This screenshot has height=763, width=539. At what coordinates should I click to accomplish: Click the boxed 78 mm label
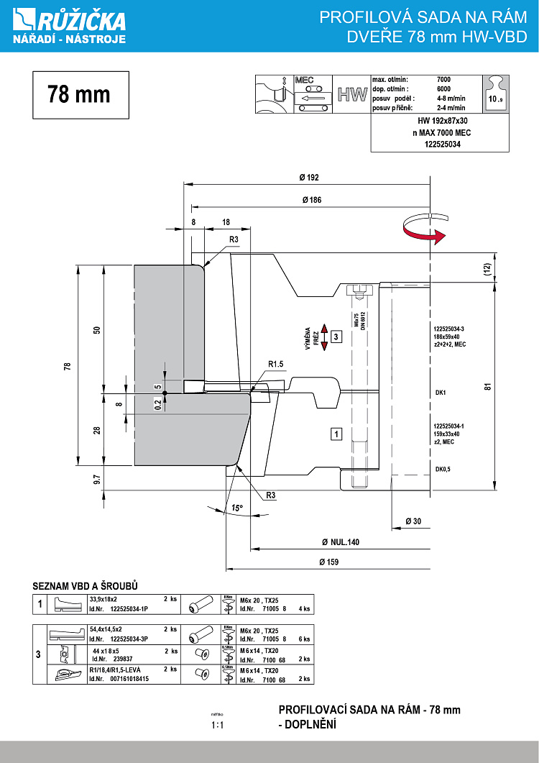point(80,94)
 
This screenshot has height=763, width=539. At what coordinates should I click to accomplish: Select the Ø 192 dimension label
point(310,177)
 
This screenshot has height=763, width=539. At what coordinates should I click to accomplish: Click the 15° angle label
point(236,508)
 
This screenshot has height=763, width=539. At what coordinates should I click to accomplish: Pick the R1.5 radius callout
point(277,365)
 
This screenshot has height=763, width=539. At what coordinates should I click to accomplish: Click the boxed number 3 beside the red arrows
point(336,336)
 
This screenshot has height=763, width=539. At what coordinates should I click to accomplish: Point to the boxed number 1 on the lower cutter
point(336,433)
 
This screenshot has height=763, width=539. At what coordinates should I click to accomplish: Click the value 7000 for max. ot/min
point(445,79)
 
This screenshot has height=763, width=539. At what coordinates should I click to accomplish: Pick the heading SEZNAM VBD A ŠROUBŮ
point(85,585)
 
